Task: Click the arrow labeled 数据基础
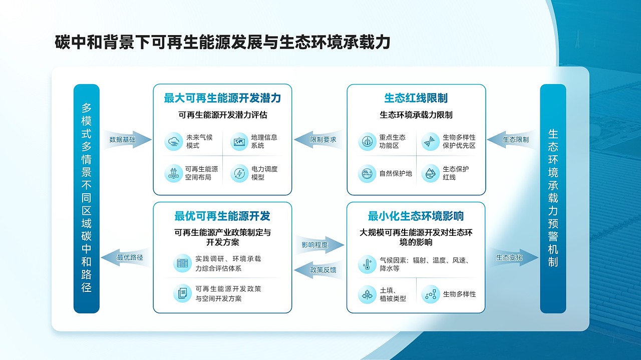(126, 140)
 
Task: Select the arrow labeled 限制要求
(319, 140)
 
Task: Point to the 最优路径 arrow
(126, 258)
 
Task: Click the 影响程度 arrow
(319, 245)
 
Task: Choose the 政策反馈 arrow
(319, 270)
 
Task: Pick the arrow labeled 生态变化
(513, 257)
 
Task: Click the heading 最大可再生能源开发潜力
(222, 98)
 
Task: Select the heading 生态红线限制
(416, 98)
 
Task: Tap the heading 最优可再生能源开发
(222, 216)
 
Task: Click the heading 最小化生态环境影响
(416, 216)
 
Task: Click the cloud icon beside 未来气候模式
(173, 142)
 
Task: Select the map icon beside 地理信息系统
(239, 142)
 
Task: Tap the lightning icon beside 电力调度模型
(239, 173)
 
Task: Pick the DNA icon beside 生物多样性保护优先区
(430, 142)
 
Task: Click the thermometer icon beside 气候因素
(367, 264)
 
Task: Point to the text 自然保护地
(396, 173)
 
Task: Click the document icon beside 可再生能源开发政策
(182, 293)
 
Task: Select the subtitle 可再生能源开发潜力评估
(222, 115)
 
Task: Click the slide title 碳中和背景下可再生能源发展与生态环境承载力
(222, 43)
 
